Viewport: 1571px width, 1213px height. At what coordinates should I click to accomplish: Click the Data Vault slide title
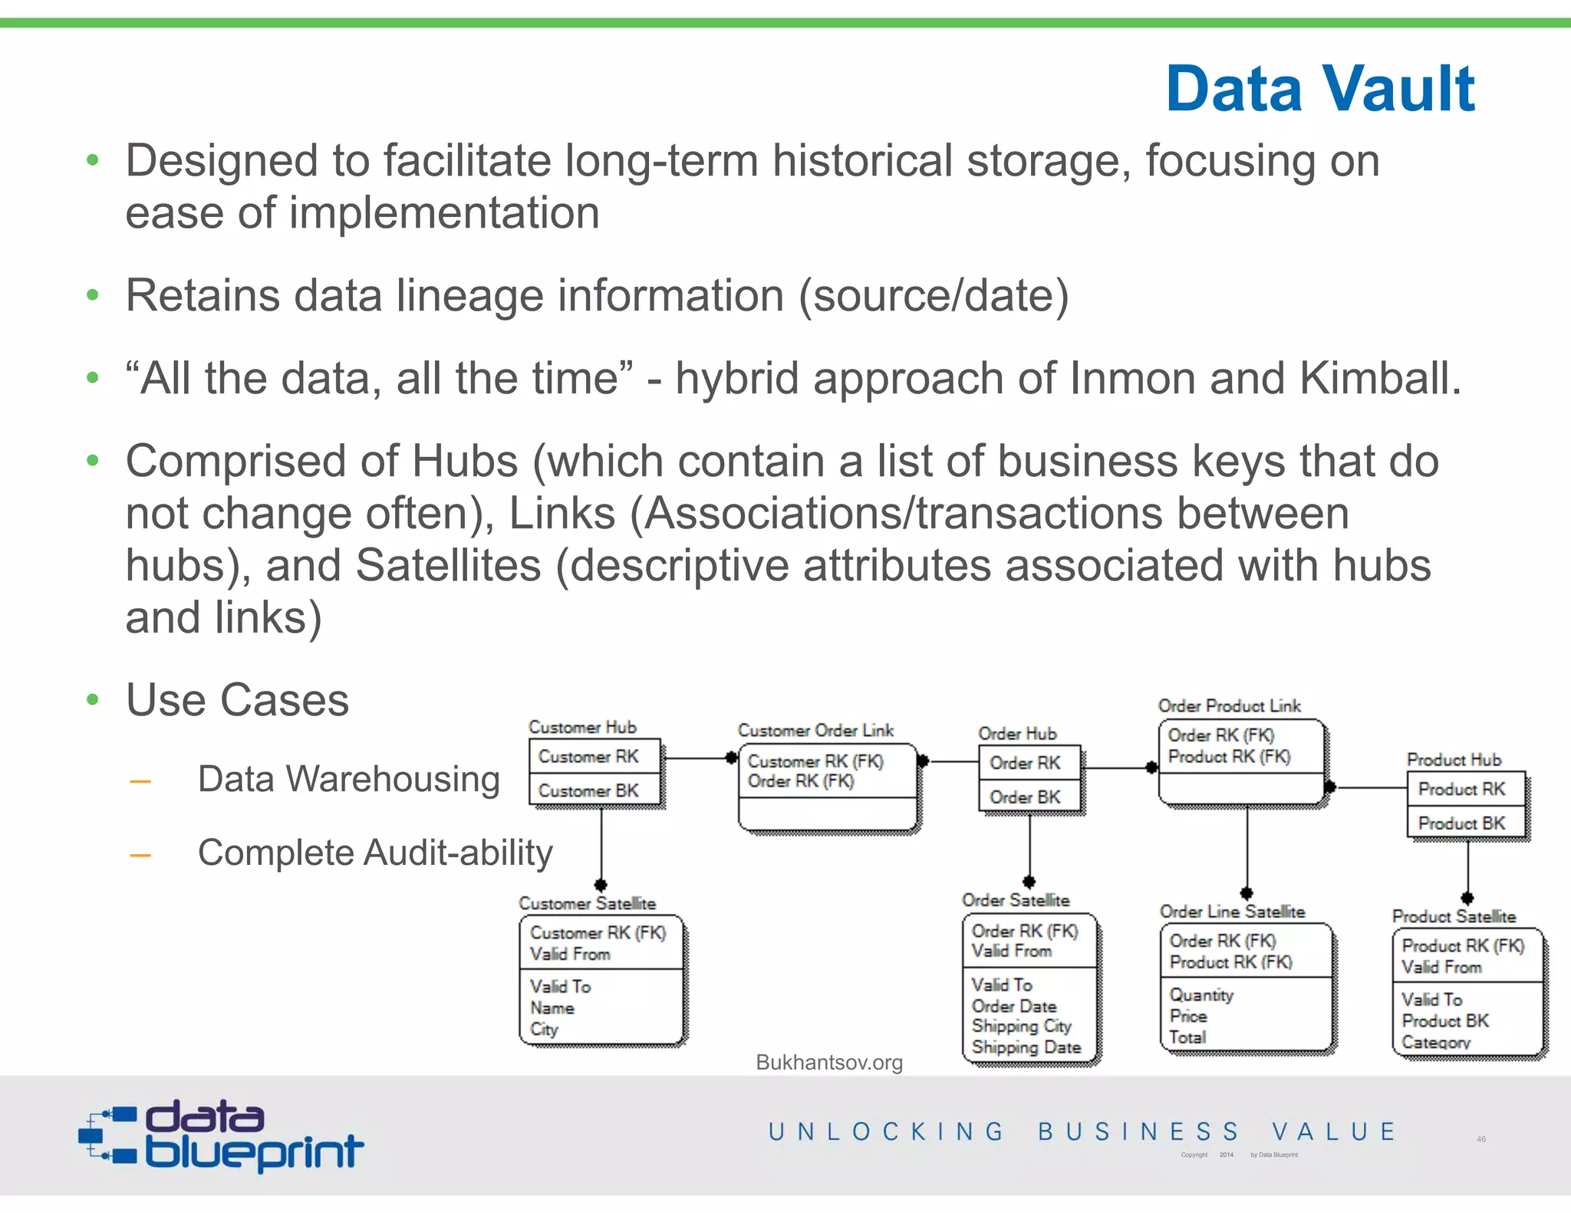pos(1319,89)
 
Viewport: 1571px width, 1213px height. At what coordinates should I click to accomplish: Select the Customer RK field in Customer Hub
pos(588,757)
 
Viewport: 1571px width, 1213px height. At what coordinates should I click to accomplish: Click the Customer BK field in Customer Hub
pos(588,791)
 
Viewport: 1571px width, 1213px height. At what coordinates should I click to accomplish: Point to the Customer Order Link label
pos(815,730)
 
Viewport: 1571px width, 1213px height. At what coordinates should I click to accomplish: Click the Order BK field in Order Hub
pos(1025,797)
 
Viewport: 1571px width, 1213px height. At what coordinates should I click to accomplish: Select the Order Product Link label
pos(1229,705)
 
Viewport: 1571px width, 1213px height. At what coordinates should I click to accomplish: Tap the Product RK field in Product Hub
pos(1461,789)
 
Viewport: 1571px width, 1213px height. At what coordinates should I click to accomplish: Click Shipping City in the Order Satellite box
pos(1021,1026)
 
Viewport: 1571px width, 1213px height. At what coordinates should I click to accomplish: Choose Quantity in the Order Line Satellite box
pos(1201,995)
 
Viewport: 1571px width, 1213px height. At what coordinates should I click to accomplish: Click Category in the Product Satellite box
pos(1436,1042)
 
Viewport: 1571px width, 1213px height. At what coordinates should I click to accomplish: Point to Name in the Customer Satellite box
pos(552,1008)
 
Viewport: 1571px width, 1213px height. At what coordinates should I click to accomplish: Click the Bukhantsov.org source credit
pos(828,1063)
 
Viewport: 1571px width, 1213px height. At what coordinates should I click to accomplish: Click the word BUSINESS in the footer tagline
pos(1138,1132)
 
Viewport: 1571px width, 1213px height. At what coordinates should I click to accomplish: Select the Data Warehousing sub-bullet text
pos(349,779)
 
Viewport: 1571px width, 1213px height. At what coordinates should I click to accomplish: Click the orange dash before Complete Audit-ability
pos(140,855)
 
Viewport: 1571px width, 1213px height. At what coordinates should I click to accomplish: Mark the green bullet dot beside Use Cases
pos(93,699)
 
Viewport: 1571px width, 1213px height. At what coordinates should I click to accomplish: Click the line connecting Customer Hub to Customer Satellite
pos(601,843)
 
